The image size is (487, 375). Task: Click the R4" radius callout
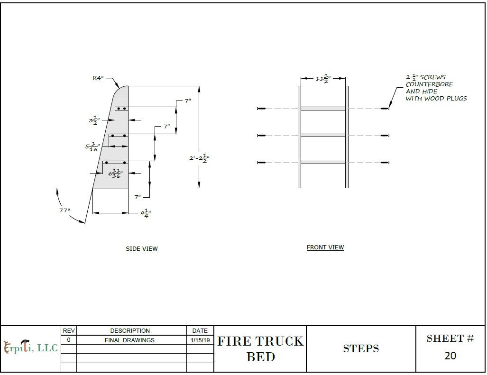coord(98,78)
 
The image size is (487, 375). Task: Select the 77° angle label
coord(64,210)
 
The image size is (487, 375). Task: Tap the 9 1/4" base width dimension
coord(145,213)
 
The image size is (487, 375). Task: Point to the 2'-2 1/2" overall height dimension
coord(199,159)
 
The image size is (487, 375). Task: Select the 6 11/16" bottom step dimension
coord(115,174)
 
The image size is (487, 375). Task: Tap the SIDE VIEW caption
coord(141,249)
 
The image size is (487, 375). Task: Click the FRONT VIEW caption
coord(325,247)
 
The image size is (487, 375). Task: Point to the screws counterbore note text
coord(435,88)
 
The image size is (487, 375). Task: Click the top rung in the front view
coord(323,109)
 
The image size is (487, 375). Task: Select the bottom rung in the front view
coord(323,163)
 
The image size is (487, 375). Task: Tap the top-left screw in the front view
coord(261,109)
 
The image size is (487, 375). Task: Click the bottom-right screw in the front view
coord(385,163)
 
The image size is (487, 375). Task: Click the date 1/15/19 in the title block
coord(200,340)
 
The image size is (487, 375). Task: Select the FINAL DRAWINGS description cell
coord(129,340)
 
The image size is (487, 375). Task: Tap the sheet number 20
coord(450,356)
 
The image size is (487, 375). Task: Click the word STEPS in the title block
coord(361,349)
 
